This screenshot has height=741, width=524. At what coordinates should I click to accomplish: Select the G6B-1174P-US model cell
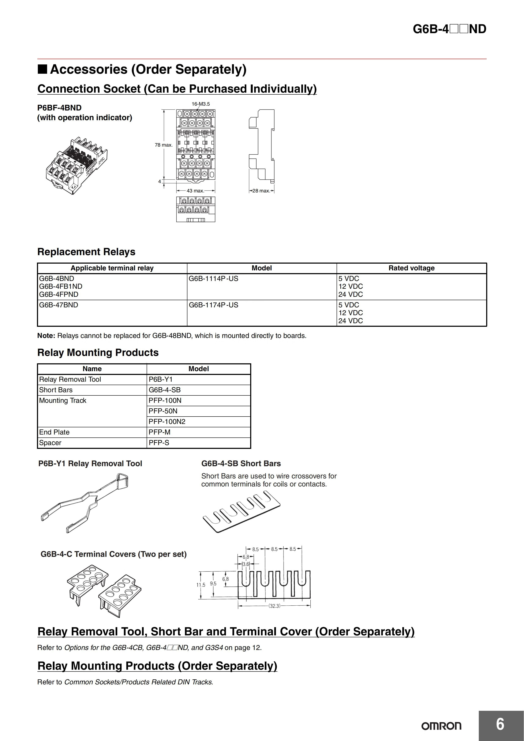213,305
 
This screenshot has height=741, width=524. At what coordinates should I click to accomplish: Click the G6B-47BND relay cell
59,305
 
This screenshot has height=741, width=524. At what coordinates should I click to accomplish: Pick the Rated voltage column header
411,268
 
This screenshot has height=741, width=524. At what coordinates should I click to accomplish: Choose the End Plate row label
54,432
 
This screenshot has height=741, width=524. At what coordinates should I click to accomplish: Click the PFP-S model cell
159,443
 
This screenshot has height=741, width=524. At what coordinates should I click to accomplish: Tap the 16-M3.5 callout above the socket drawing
201,104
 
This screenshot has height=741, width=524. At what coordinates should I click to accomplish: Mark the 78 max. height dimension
164,145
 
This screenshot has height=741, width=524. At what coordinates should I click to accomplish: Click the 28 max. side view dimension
261,191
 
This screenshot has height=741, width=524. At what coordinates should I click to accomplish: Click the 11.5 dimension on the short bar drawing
201,585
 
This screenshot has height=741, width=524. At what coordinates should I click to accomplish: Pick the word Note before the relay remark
46,336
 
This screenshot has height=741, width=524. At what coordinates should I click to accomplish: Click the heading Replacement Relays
86,252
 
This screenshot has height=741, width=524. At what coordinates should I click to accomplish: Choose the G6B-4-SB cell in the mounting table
165,390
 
